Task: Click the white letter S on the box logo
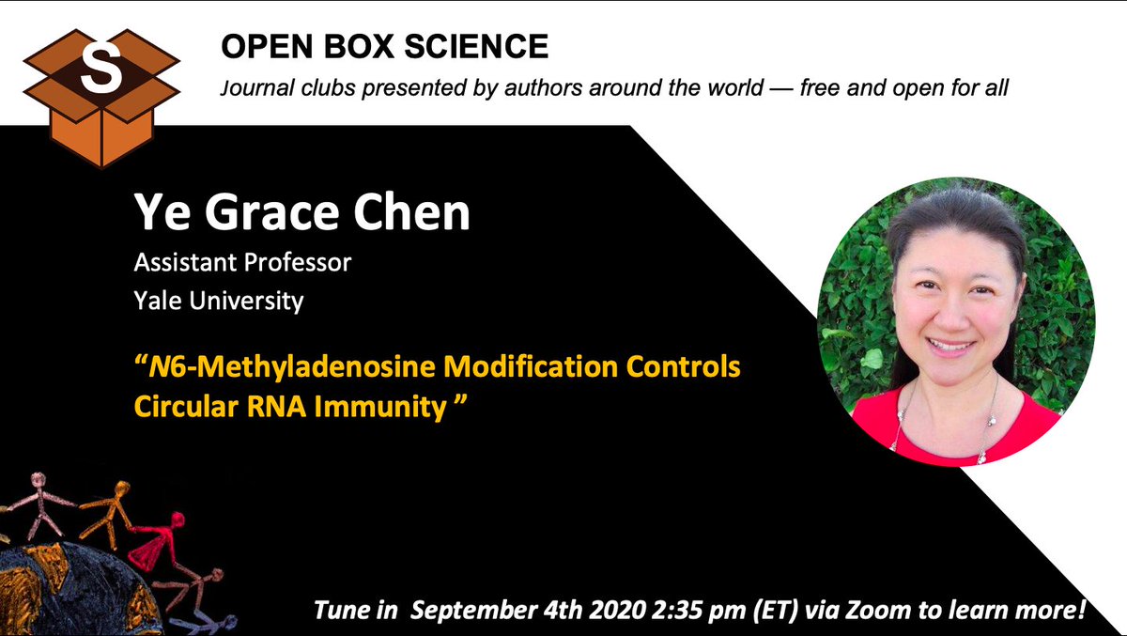101,68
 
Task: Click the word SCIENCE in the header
476,46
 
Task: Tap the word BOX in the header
358,46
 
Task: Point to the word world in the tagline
735,87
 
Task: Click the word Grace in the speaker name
271,212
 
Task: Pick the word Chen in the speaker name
411,211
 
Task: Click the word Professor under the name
298,263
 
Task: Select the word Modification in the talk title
531,366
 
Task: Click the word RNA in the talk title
276,407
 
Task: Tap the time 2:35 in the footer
673,610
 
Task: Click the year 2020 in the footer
619,610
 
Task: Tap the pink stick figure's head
39,479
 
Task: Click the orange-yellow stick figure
108,513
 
